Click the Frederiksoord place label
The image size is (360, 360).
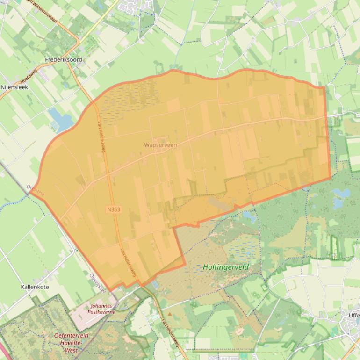pyautogui.click(x=64, y=60)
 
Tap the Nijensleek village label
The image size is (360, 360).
pyautogui.click(x=14, y=87)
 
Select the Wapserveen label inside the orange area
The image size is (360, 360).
pyautogui.click(x=160, y=145)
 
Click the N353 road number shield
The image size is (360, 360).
pyautogui.click(x=114, y=209)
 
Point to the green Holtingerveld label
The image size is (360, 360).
pyautogui.click(x=226, y=267)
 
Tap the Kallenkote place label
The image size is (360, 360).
pyautogui.click(x=35, y=287)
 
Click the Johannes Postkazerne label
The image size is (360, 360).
pyautogui.click(x=102, y=309)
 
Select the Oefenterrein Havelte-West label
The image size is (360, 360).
pyautogui.click(x=72, y=343)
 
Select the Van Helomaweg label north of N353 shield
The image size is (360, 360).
pyautogui.click(x=101, y=137)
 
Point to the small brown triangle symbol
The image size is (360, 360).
pyautogui.click(x=170, y=313)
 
